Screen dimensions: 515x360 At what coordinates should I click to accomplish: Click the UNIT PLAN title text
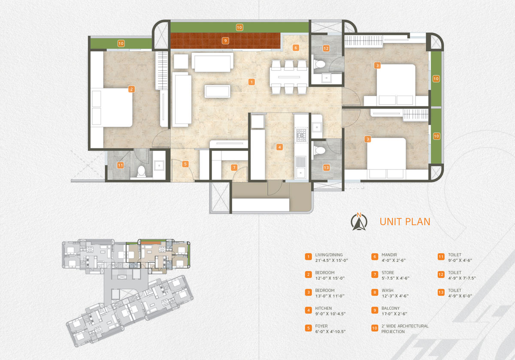click(x=405, y=221)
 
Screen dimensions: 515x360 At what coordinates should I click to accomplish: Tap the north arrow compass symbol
click(x=359, y=222)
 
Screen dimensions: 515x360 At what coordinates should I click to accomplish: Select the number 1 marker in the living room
click(x=251, y=82)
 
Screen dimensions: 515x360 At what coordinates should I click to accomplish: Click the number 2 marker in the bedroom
click(x=131, y=89)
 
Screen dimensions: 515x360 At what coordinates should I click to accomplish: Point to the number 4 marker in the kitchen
click(x=279, y=147)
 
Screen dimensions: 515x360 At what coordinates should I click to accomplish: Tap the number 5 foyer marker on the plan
click(x=185, y=164)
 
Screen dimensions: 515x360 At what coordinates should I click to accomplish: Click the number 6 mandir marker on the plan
click(x=296, y=48)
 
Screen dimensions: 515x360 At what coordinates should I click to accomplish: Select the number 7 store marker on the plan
click(x=234, y=167)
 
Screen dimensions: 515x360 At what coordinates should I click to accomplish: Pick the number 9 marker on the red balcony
click(x=225, y=41)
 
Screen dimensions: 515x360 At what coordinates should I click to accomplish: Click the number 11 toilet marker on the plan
click(x=120, y=165)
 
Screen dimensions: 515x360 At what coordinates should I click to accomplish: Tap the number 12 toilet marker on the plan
click(x=326, y=48)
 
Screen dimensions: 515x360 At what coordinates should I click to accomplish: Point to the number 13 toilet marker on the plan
click(x=326, y=168)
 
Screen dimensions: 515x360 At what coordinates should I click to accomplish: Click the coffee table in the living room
click(x=217, y=91)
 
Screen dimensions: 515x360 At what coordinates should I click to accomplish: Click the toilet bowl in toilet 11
click(x=141, y=171)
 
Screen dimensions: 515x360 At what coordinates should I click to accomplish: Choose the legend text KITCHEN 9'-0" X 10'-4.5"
click(x=330, y=311)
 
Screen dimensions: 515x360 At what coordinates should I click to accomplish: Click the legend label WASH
click(x=388, y=290)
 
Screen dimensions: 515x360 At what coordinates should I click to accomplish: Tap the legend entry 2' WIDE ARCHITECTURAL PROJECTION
click(x=405, y=329)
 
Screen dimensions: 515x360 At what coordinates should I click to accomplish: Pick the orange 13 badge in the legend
click(x=441, y=292)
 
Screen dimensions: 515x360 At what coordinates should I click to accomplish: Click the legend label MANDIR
click(x=389, y=255)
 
